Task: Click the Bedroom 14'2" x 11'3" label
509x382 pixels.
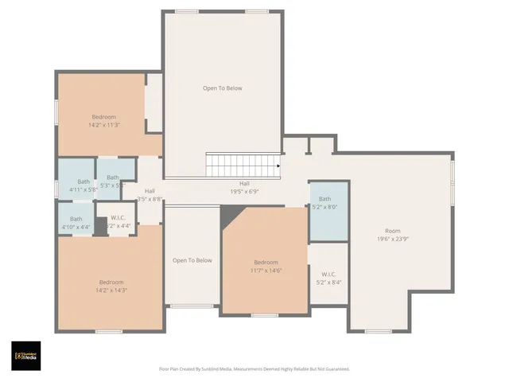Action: [103, 120]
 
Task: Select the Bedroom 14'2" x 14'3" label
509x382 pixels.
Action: [111, 286]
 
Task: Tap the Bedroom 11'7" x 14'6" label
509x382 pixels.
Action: [266, 267]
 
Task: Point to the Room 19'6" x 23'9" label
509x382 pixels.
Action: [392, 235]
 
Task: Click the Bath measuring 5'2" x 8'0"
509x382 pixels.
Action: [324, 203]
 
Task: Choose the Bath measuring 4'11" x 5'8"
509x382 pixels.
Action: [84, 185]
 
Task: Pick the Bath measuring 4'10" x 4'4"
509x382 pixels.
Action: [76, 223]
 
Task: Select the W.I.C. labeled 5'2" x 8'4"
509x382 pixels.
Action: [328, 278]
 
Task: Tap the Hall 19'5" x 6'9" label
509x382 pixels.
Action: [244, 187]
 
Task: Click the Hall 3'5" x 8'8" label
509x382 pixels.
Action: [150, 195]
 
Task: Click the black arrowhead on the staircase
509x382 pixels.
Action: [278, 166]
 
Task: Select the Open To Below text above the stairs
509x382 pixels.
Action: [222, 88]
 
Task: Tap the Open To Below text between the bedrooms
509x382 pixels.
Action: [192, 260]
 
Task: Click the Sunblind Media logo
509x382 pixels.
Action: [26, 356]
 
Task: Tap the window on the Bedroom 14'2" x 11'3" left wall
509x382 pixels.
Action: [56, 111]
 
